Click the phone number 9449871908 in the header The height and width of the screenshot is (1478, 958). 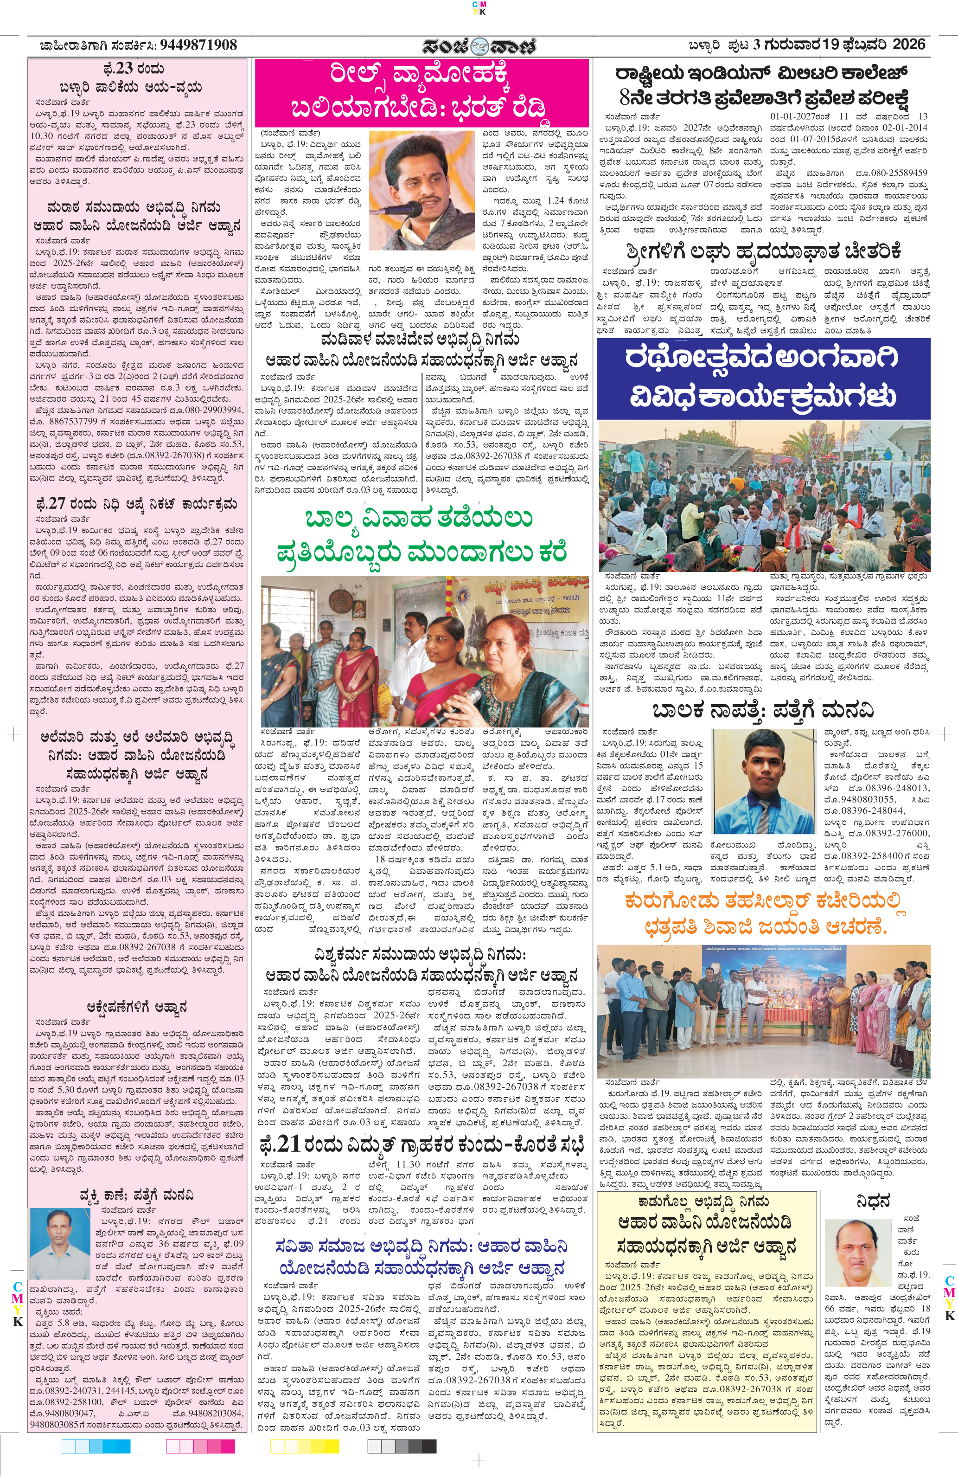click(198, 45)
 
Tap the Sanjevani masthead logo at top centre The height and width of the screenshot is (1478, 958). click(479, 46)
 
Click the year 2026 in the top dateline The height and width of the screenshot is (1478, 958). click(909, 45)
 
